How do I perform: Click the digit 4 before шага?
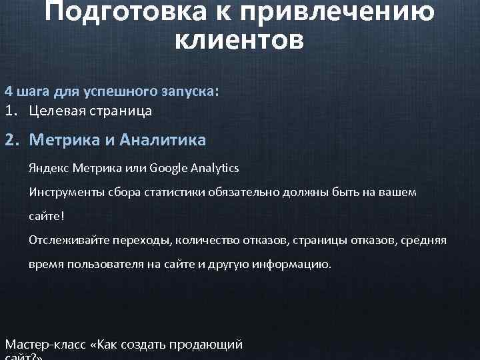(9, 91)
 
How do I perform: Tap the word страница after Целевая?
(121, 111)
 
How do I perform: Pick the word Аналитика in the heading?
(163, 140)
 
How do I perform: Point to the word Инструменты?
(63, 192)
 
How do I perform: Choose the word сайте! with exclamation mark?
(47, 217)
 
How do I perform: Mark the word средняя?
(424, 239)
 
